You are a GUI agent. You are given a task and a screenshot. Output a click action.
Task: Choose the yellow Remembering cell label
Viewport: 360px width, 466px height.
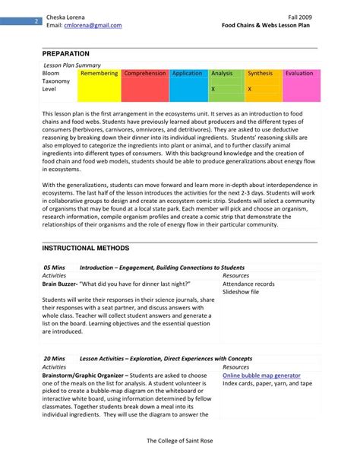pos(99,74)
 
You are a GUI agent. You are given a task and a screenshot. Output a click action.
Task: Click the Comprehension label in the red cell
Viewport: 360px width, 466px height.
pos(144,74)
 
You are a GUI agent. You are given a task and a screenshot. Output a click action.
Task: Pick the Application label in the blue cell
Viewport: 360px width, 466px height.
pos(187,74)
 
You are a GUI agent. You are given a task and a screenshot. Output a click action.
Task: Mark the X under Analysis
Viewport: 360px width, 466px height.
pos(213,89)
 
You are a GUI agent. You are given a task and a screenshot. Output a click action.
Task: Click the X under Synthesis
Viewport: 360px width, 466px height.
pos(250,89)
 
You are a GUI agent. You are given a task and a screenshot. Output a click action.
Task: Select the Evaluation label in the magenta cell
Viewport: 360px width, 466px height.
pos(298,74)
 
